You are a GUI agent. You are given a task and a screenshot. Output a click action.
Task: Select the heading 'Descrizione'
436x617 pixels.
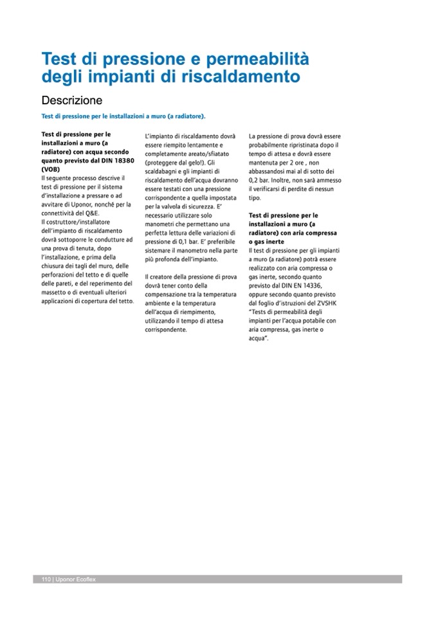point(71,101)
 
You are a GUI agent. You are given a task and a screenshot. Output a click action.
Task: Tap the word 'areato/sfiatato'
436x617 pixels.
point(208,154)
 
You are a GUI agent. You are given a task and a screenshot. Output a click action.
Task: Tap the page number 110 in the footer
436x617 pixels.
point(46,579)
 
